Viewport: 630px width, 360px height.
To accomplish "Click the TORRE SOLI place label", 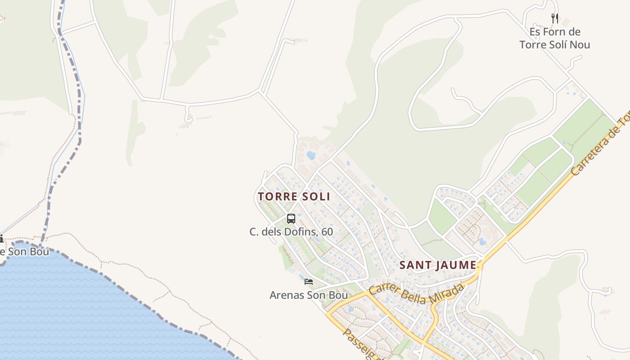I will point(294,197).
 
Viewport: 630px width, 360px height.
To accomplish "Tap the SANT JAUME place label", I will point(437,265).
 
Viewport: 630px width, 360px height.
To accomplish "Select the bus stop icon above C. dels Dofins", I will point(291,219).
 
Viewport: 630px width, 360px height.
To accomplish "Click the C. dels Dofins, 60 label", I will point(291,232).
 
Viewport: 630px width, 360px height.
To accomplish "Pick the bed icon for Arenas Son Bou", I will point(309,282).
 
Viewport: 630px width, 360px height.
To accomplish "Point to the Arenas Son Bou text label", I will point(309,295).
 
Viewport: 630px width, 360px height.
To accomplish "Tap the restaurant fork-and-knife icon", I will point(554,18).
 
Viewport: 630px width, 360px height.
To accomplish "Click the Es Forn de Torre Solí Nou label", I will point(554,38).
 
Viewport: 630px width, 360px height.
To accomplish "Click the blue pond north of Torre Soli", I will point(311,155).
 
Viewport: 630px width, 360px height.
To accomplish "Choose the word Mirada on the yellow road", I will point(445,296).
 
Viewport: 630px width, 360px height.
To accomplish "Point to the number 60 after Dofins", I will point(327,232).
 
